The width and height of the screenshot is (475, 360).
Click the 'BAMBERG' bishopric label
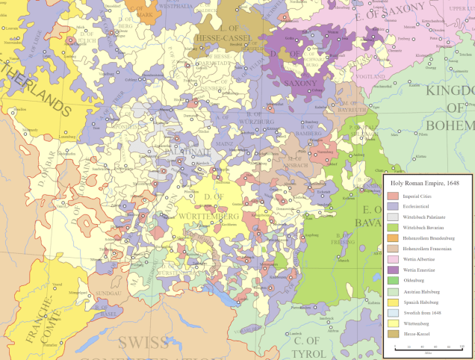[309, 132]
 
